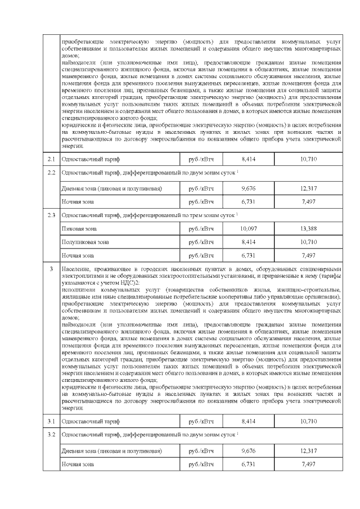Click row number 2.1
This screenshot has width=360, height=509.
[x=51, y=159]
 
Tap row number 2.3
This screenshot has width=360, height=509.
[x=51, y=214]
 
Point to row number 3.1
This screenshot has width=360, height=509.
[x=51, y=421]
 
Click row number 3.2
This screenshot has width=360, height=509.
[x=51, y=435]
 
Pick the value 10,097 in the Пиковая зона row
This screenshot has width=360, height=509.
[x=248, y=228]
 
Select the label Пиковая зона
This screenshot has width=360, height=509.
[x=79, y=228]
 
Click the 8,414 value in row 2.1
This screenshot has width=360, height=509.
[x=248, y=159]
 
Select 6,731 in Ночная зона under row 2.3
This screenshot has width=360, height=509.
[x=248, y=255]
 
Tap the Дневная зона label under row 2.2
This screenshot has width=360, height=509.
[x=111, y=188]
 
